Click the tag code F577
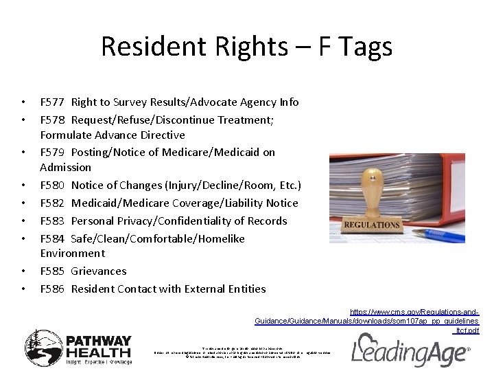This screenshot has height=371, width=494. (x=52, y=102)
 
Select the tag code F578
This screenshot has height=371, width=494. (x=52, y=120)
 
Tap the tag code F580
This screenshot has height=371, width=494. (x=52, y=185)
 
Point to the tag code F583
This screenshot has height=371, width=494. (x=52, y=221)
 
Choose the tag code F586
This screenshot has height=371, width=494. (x=52, y=289)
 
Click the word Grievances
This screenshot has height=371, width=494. (x=99, y=271)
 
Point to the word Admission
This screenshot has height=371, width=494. (x=65, y=168)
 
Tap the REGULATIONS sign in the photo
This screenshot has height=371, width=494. (x=372, y=225)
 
